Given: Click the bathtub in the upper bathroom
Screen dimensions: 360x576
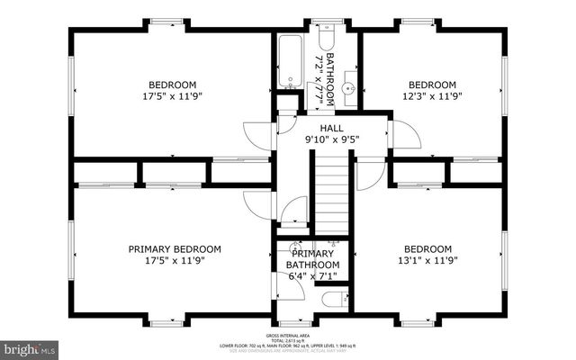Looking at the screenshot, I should pos(292,62).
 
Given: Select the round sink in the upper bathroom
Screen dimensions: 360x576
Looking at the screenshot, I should pos(349,88).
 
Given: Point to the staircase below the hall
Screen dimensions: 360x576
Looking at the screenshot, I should pos(330,193).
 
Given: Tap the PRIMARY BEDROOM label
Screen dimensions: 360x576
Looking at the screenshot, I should pos(175,249).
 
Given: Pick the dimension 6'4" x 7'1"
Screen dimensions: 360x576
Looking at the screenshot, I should pos(312,277).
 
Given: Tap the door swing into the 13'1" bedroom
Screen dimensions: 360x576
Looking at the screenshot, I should pos(369,174).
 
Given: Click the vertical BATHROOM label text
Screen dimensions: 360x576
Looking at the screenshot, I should pos(328,79).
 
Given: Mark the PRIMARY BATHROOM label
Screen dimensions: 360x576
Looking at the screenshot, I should pos(312,259).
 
